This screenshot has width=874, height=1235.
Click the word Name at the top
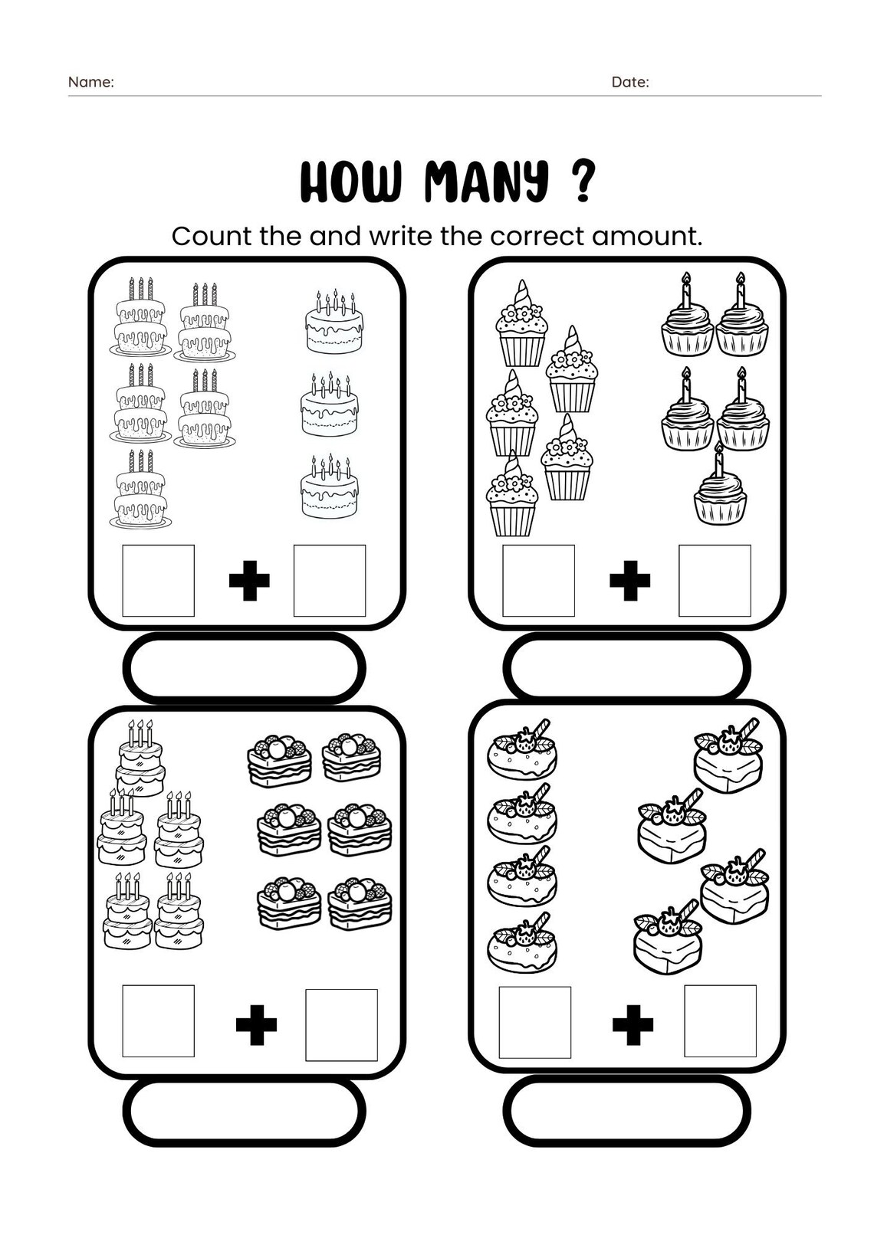pos(90,82)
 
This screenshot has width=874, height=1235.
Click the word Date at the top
pos(629,82)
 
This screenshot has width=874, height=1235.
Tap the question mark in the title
pos(583,182)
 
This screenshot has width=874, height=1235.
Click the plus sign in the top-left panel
pos(249,581)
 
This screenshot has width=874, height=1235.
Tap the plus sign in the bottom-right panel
pos(633,1024)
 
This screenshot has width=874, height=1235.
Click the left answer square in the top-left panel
pos(158,580)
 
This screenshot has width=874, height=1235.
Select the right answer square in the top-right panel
pos(715,580)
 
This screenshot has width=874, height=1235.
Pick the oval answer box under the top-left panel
pos(245,667)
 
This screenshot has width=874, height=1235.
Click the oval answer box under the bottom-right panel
pos(626,1111)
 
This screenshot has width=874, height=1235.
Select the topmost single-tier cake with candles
pos(333,322)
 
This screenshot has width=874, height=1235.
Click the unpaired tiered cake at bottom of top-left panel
pos(140,490)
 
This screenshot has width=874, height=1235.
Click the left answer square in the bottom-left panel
pos(158,1021)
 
